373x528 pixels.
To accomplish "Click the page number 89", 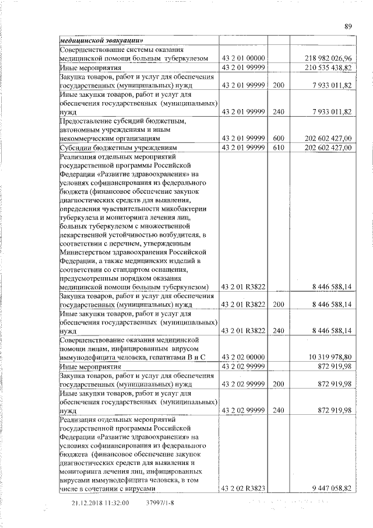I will pos(348,26).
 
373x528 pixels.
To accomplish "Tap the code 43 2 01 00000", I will pos(244,58).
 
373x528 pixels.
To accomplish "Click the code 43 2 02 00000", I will pos(244,357).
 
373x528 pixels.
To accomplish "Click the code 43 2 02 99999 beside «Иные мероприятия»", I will pos(244,366).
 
